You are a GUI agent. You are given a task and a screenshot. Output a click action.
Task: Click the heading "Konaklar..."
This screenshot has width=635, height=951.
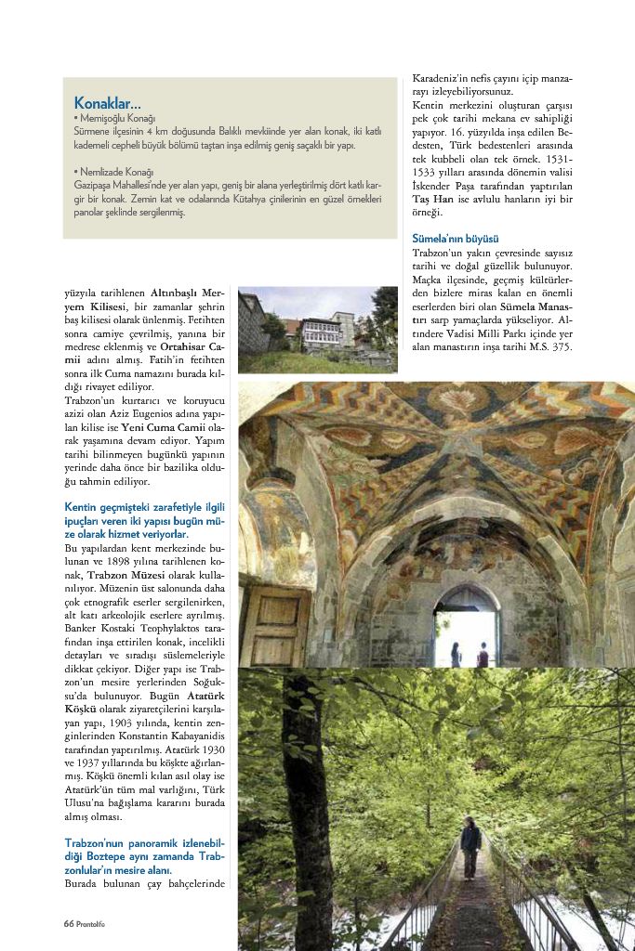point(107,102)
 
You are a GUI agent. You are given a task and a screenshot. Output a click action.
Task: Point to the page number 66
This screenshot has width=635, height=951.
point(68,923)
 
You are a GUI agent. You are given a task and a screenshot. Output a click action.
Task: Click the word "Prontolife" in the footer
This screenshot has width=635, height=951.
point(91,923)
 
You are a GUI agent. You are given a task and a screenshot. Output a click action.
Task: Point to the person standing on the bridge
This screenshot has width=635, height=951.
point(470,846)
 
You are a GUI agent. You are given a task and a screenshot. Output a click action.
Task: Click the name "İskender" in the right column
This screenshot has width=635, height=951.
point(434,186)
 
